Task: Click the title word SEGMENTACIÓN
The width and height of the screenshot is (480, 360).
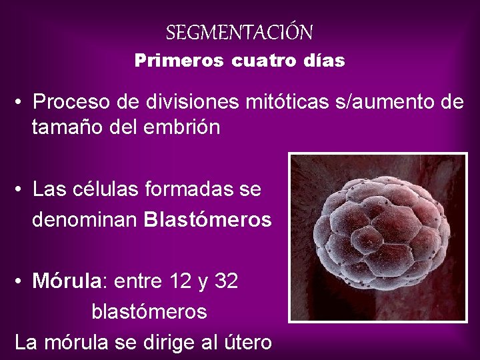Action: coord(239,32)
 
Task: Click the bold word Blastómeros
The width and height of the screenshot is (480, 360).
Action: coord(207,219)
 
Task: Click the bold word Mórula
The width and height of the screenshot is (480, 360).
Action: coord(69,282)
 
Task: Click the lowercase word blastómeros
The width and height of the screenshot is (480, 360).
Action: coord(149,311)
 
